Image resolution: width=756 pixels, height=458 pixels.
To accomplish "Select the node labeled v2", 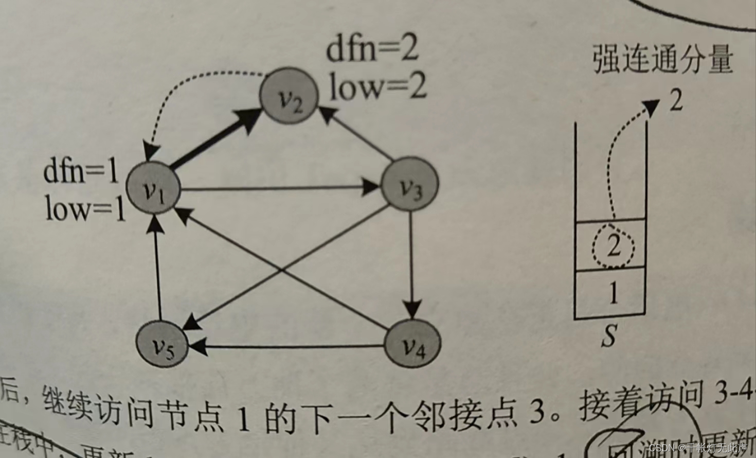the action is click(289, 96).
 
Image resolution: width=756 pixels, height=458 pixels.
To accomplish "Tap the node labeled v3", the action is click(410, 186).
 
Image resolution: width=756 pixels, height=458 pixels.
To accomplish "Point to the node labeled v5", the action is click(163, 343).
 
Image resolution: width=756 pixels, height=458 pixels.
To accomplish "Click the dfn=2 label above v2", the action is click(373, 50).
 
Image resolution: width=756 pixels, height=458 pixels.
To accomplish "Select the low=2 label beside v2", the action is click(378, 86).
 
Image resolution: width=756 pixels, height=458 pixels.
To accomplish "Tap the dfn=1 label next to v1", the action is click(81, 171).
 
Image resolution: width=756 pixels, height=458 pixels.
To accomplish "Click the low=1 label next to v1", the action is click(85, 209).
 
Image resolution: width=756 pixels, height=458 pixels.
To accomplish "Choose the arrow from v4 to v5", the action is click(288, 347).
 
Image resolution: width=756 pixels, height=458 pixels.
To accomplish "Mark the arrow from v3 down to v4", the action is click(411, 262).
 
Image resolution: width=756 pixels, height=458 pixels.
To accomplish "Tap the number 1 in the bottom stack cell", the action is click(613, 293).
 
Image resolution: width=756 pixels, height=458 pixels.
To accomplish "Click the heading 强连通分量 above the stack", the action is click(662, 59).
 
